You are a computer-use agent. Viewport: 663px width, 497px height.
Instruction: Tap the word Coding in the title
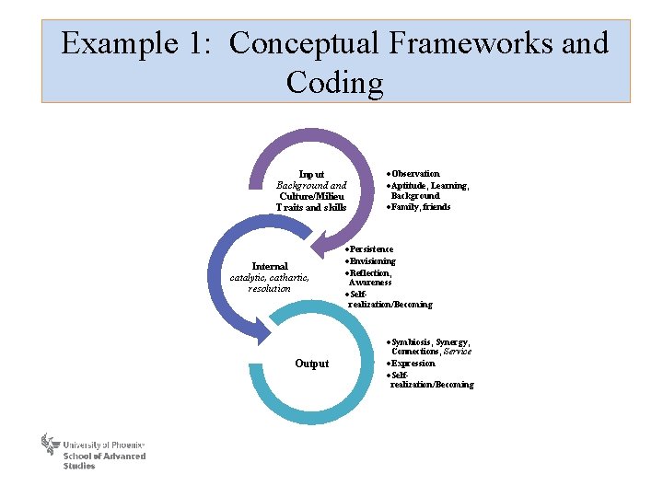click(334, 83)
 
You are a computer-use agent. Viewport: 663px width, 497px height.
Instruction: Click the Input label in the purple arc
click(311, 174)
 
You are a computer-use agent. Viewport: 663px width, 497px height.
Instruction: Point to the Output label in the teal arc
click(311, 364)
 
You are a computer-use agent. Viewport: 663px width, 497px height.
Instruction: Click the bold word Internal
click(270, 267)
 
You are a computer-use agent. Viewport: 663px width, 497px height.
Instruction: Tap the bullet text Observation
click(415, 174)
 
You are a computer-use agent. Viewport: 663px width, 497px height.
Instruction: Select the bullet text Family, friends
click(421, 207)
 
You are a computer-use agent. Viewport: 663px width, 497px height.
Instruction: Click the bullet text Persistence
click(371, 249)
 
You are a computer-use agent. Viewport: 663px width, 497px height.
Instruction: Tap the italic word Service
click(458, 352)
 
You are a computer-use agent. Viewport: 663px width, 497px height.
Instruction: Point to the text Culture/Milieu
click(311, 196)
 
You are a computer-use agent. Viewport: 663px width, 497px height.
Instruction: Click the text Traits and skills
click(311, 207)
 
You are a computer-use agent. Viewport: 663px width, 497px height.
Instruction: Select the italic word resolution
click(270, 289)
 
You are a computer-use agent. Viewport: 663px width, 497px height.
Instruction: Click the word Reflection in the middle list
click(370, 272)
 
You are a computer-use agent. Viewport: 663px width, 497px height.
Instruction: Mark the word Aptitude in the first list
click(409, 185)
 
